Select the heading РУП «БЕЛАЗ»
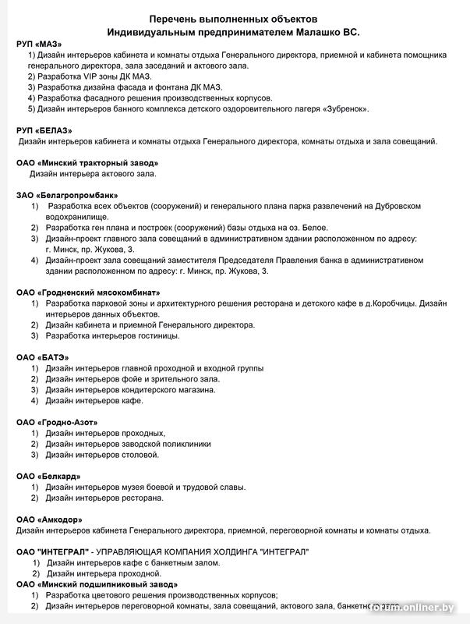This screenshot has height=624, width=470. (44, 129)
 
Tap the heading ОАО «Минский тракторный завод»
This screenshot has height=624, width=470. (87, 162)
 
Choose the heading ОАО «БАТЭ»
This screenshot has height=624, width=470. (44, 356)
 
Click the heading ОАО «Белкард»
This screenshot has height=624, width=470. (48, 476)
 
